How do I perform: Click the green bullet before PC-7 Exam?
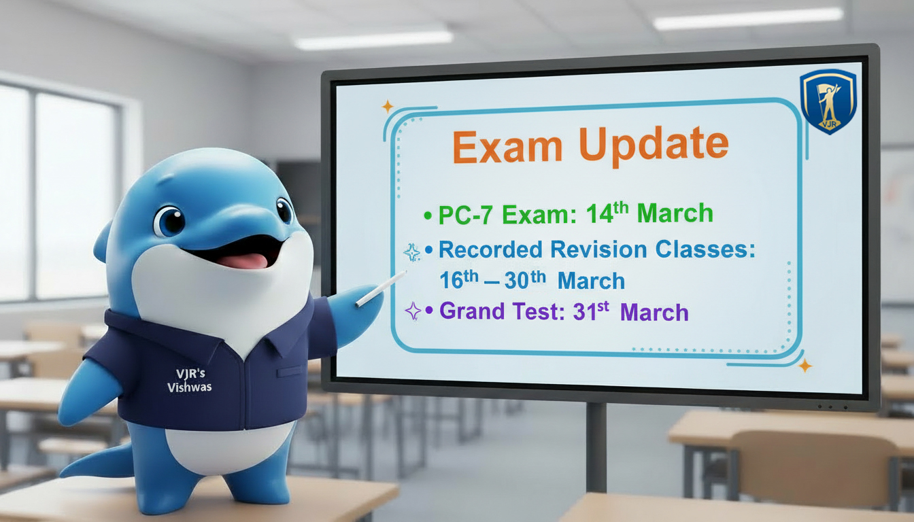click(x=427, y=217)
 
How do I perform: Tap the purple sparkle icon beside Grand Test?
click(x=412, y=311)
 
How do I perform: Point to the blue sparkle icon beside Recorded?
click(x=411, y=252)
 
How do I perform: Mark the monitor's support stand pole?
click(x=596, y=449)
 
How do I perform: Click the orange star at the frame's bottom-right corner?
click(x=805, y=366)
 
